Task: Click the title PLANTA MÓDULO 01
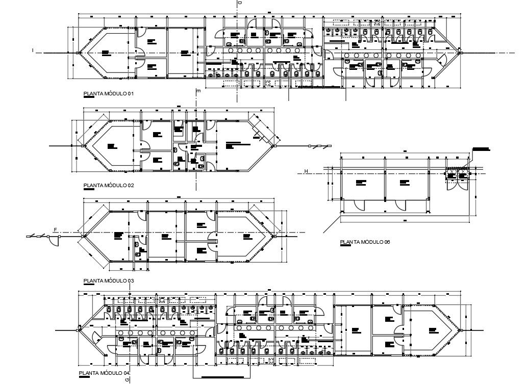pos(108,94)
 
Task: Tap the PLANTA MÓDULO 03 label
pos(108,280)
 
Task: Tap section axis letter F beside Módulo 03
pos(55,230)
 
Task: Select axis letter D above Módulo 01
pos(238,4)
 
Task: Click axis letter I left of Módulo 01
pos(33,50)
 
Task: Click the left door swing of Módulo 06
pos(360,204)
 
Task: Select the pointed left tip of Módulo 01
pos(78,53)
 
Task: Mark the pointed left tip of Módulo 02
pos(83,146)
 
